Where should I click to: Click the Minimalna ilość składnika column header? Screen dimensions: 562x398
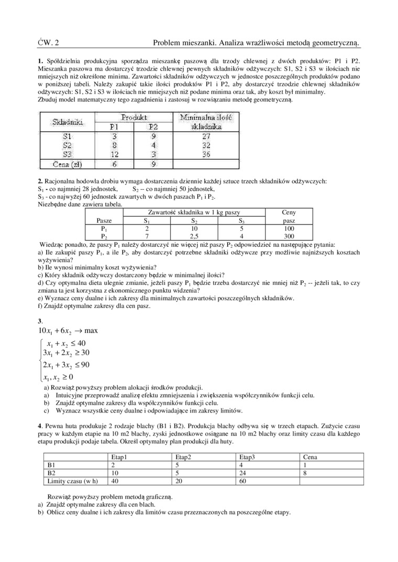(206, 122)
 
